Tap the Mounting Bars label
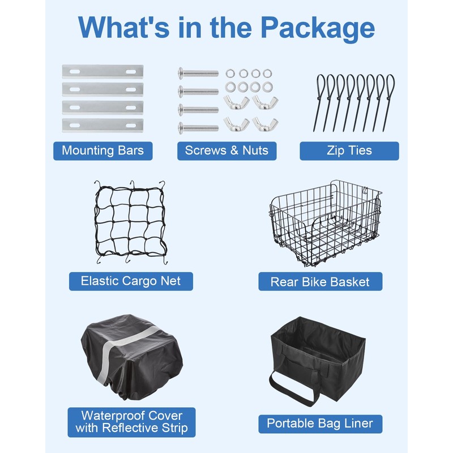pos(102,151)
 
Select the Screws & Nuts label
pos(226,151)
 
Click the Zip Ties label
pos(349,151)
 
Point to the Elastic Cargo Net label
pos(131,281)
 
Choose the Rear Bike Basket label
pos(320,281)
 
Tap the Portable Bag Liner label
pos(320,423)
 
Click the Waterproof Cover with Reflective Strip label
pos(131,422)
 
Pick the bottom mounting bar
pos(102,125)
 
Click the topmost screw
pos(198,73)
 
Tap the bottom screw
pos(198,127)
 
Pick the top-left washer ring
pos(230,73)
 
